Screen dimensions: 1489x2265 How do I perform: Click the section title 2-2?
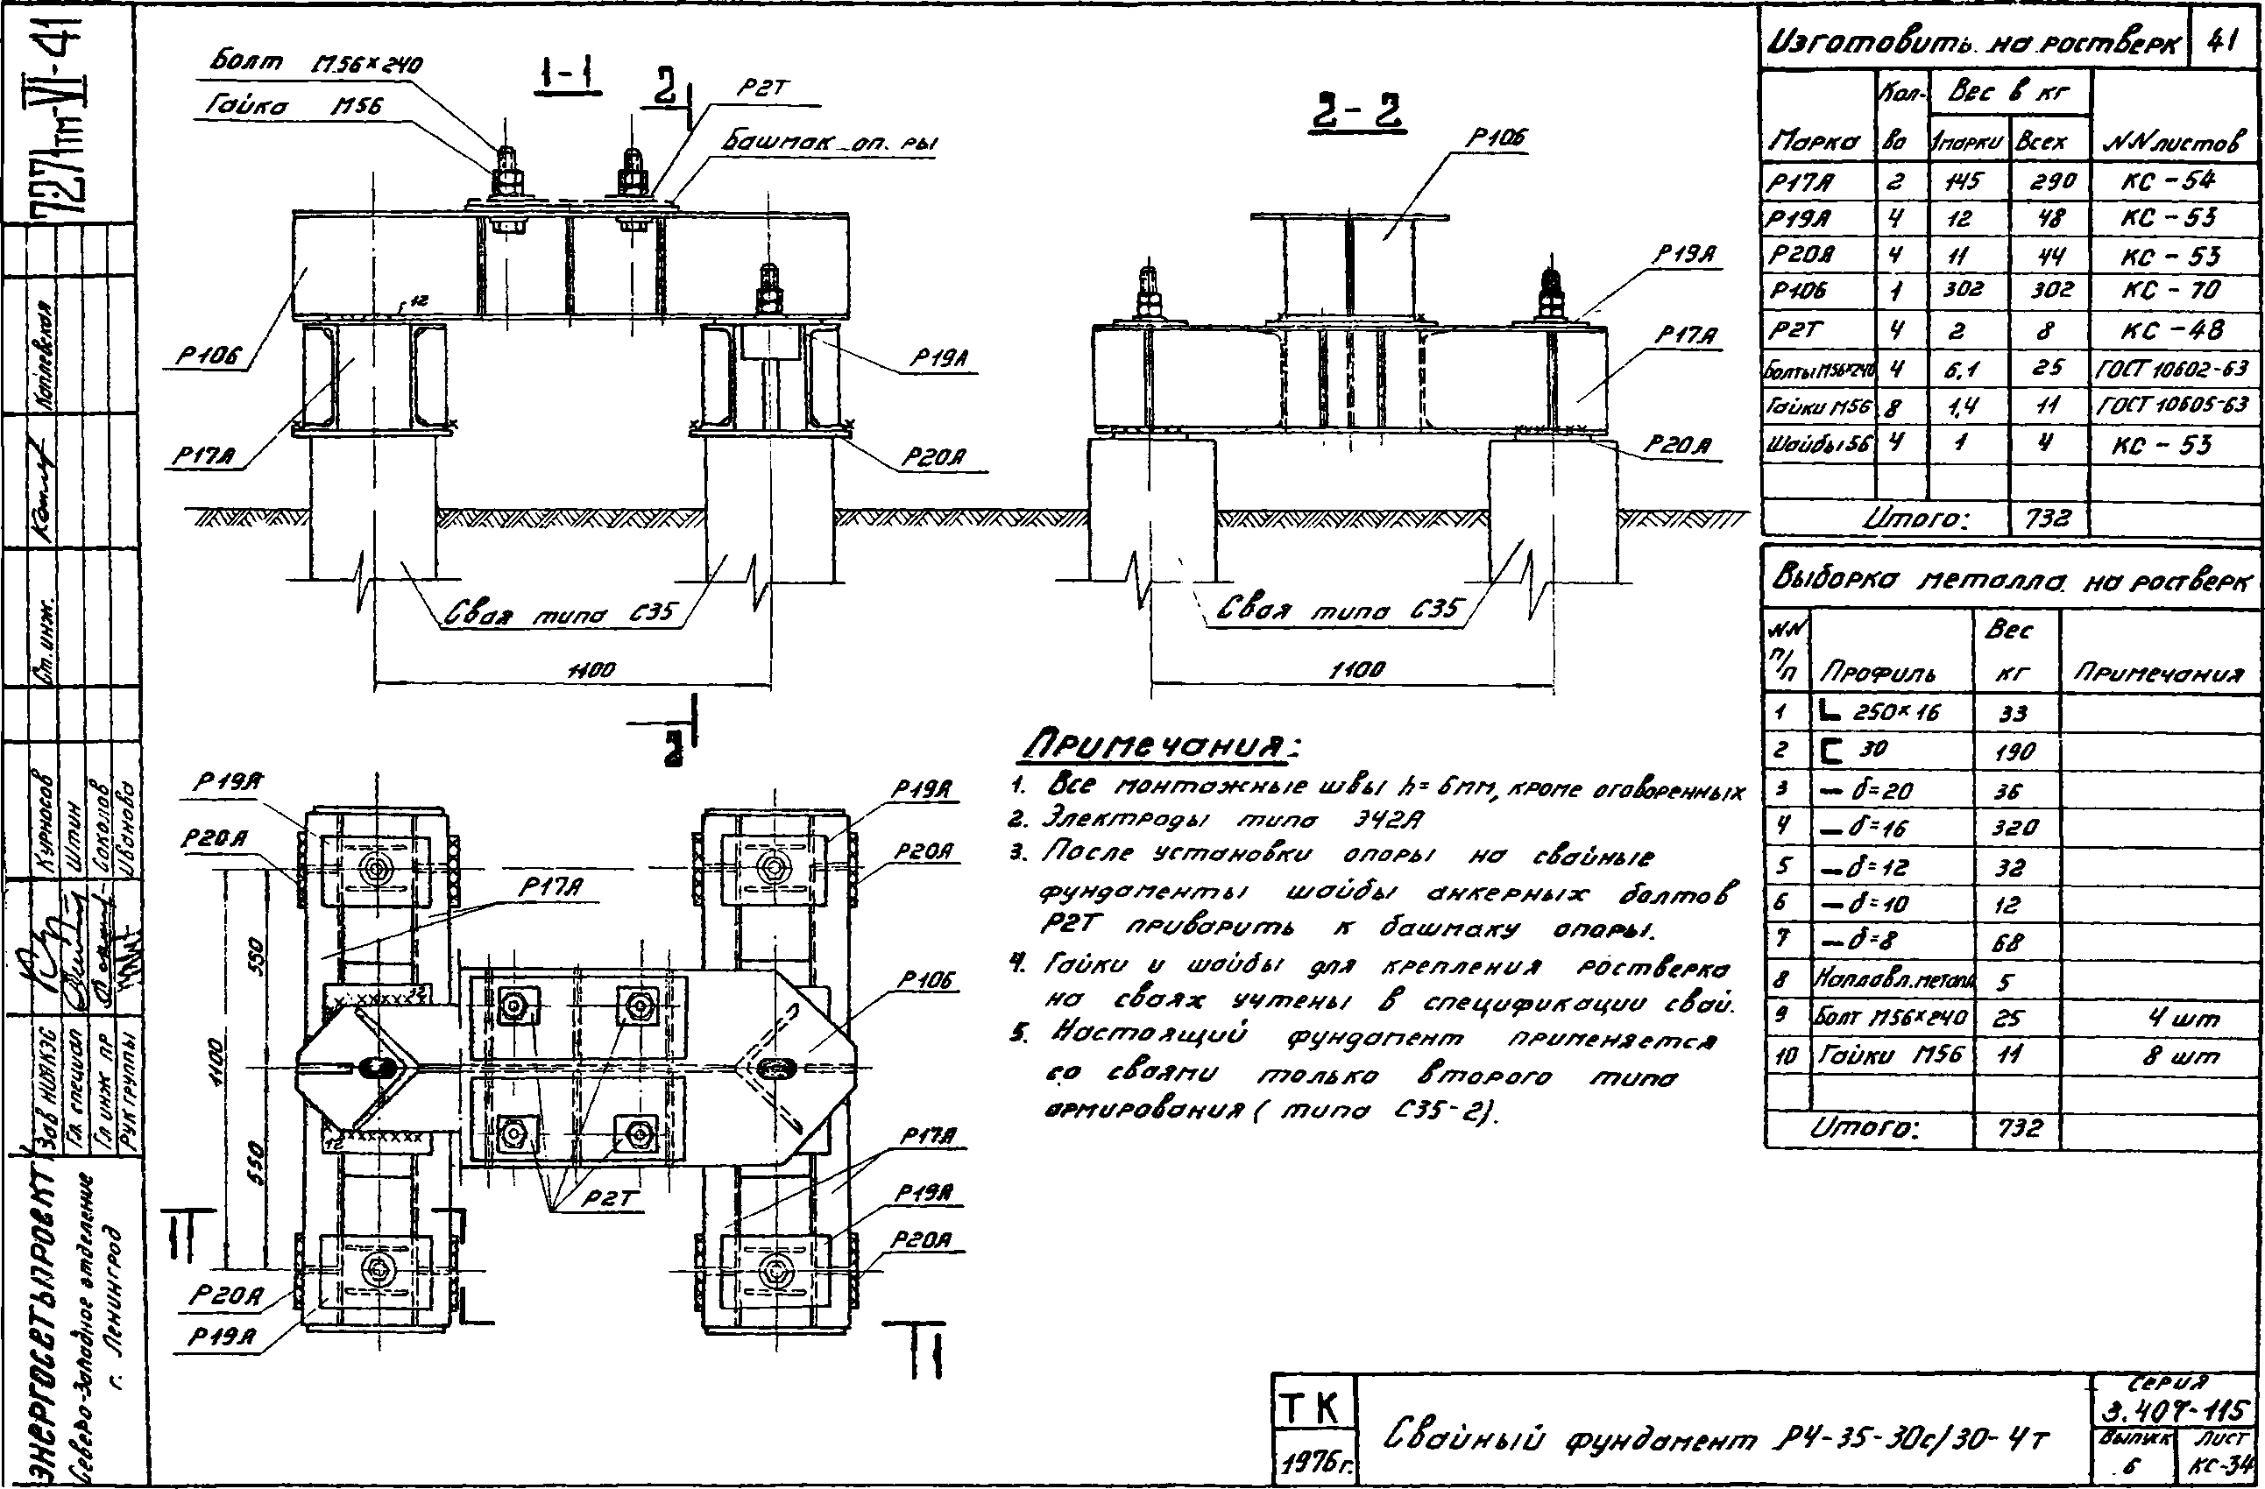[1358, 112]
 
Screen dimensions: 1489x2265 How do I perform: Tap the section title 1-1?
[568, 77]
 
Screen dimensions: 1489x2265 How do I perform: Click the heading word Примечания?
[1160, 747]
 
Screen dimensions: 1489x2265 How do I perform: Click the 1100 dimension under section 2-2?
[1356, 669]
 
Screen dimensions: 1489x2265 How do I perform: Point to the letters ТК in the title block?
[1313, 1409]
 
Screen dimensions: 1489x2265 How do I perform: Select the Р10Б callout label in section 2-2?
[1495, 138]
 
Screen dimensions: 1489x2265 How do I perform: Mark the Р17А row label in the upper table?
[1799, 181]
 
